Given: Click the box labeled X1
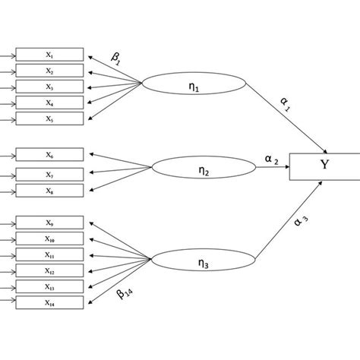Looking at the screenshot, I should coord(49,55).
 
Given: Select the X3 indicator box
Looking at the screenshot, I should coord(49,87).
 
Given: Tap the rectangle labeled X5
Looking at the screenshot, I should coord(49,118).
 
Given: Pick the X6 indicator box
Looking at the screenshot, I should coord(49,154).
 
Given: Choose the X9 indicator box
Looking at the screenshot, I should coord(49,223).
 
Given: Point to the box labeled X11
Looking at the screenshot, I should coord(49,255).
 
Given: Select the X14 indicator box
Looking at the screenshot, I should coord(49,303).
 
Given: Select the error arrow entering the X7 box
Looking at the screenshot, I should coord(7,175).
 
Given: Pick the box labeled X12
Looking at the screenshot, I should coord(49,271).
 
